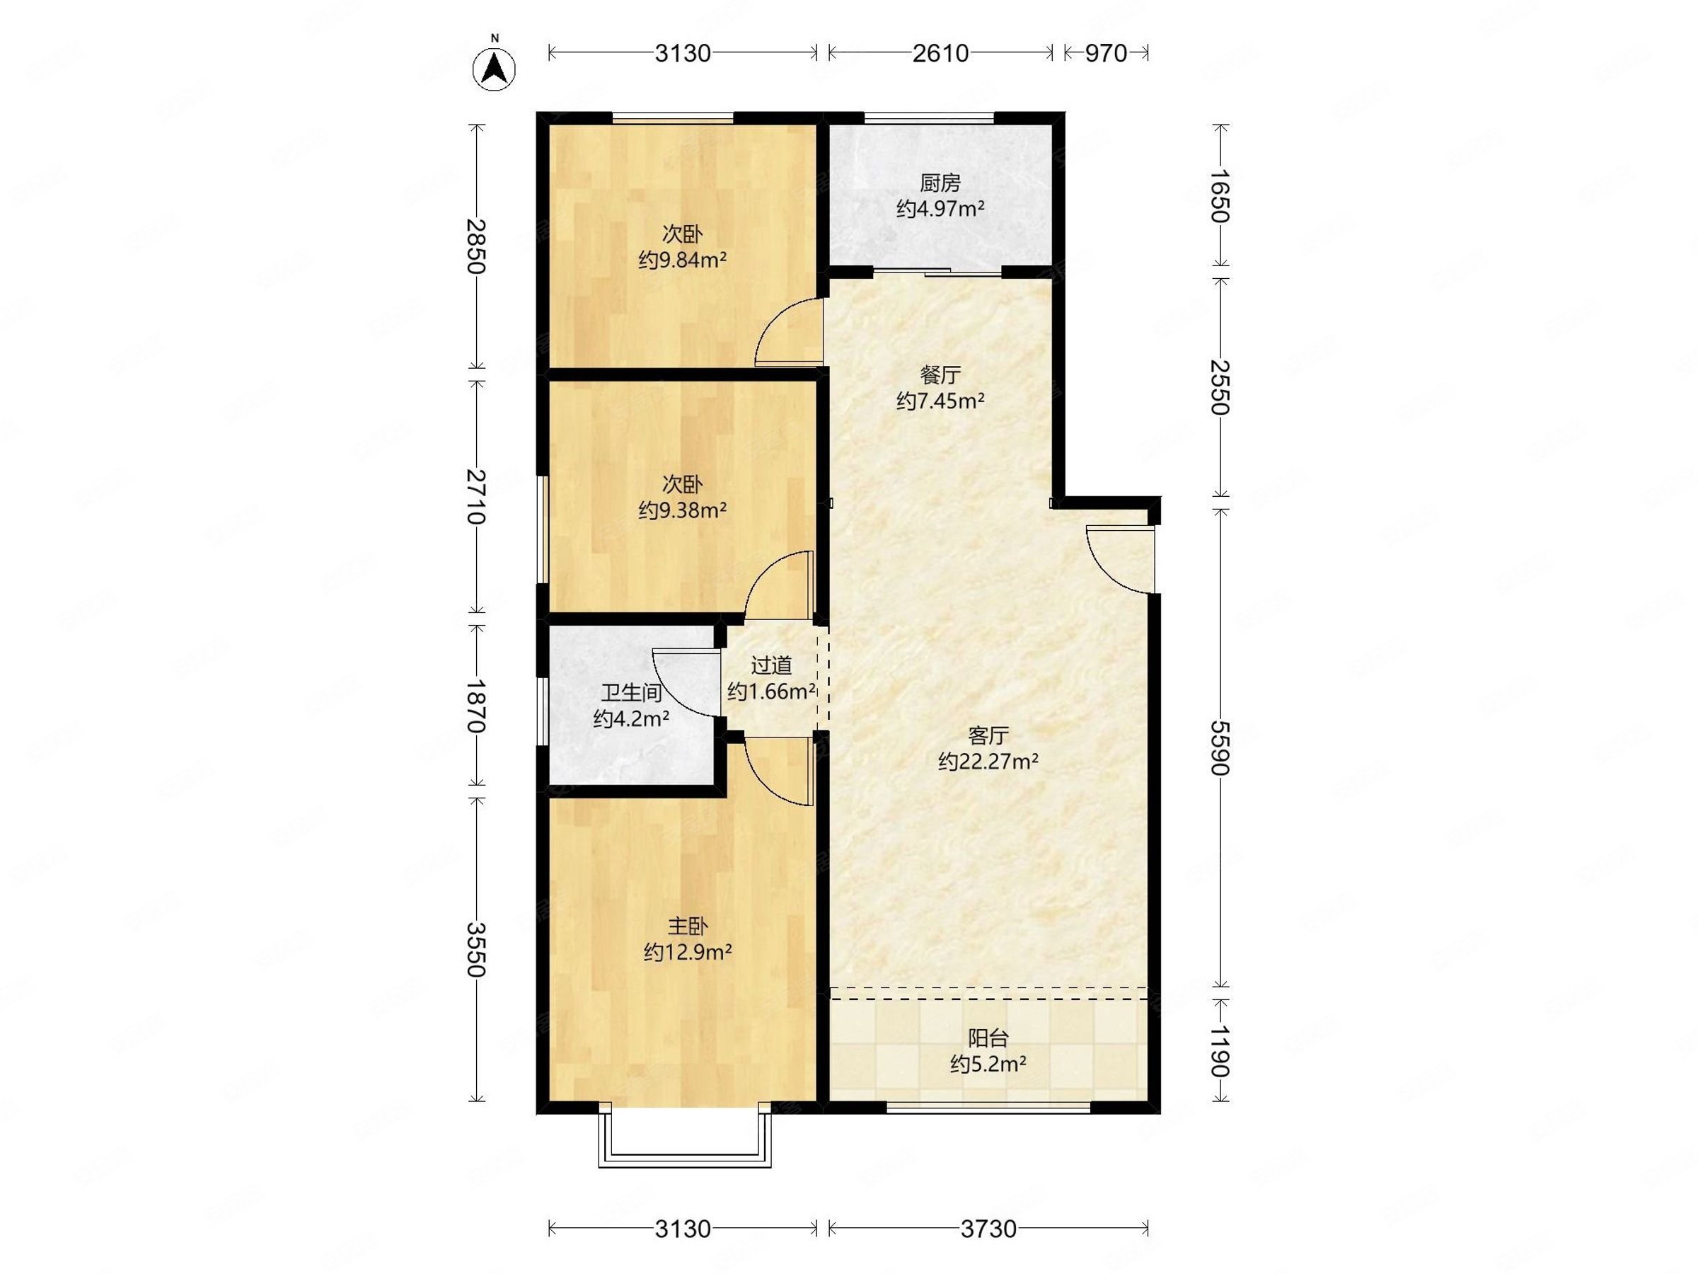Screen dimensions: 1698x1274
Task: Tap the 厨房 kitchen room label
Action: [x=940, y=183]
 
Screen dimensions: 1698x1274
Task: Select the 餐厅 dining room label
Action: [x=940, y=376]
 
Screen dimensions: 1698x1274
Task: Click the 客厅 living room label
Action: [x=988, y=735]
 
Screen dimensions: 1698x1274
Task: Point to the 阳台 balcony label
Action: [x=988, y=1038]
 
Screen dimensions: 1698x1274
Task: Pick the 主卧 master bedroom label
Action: [x=687, y=927]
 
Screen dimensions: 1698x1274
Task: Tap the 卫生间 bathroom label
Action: [x=631, y=694]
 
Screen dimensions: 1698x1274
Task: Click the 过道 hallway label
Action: [x=770, y=666]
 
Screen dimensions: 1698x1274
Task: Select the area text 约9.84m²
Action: [x=683, y=260]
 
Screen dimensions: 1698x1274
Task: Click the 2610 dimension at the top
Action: [x=940, y=53]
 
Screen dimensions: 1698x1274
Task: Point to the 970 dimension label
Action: [x=1105, y=53]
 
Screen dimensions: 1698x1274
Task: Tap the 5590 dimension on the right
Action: [x=1220, y=747]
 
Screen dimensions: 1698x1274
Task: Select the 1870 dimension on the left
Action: [x=476, y=706]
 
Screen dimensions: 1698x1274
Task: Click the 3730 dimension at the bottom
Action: [x=988, y=1229]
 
